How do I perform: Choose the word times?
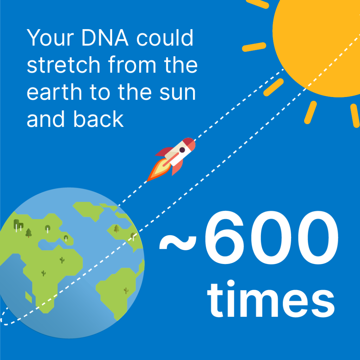pyautogui.click(x=271, y=299)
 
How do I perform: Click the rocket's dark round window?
pyautogui.click(x=182, y=150)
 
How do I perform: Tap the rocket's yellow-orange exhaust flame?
pyautogui.click(x=157, y=171)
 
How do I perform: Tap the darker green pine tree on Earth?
pyautogui.click(x=28, y=232)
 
